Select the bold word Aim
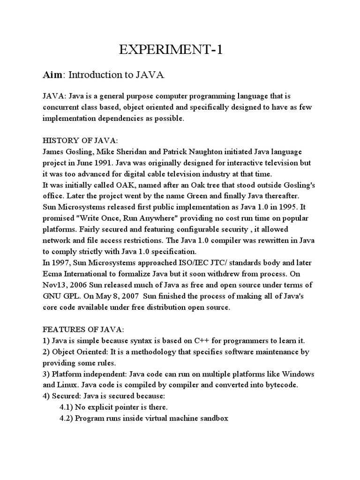coord(52,75)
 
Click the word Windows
coord(299,374)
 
